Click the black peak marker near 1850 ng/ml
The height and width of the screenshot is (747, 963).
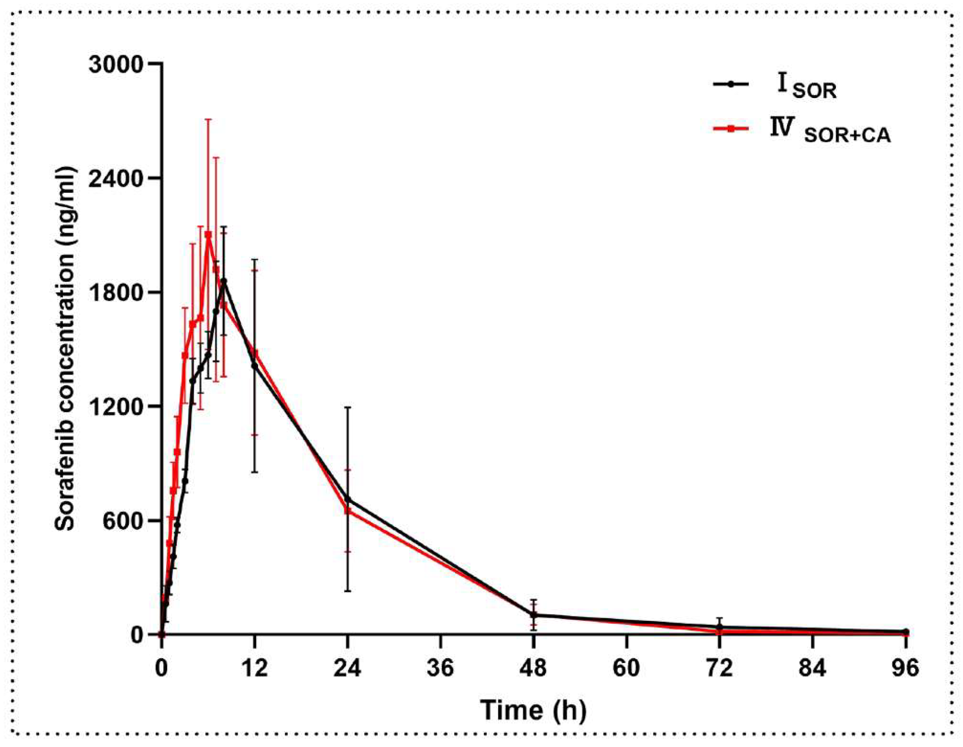pyautogui.click(x=224, y=281)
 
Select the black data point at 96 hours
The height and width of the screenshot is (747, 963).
pyautogui.click(x=906, y=631)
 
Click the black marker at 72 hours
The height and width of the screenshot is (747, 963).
pyautogui.click(x=720, y=626)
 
